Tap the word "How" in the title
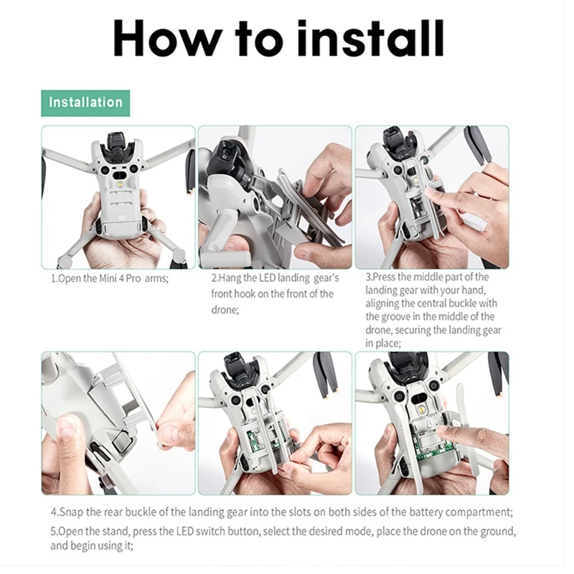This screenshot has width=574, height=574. [x=167, y=39]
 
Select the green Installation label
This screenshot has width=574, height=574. [x=85, y=103]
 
